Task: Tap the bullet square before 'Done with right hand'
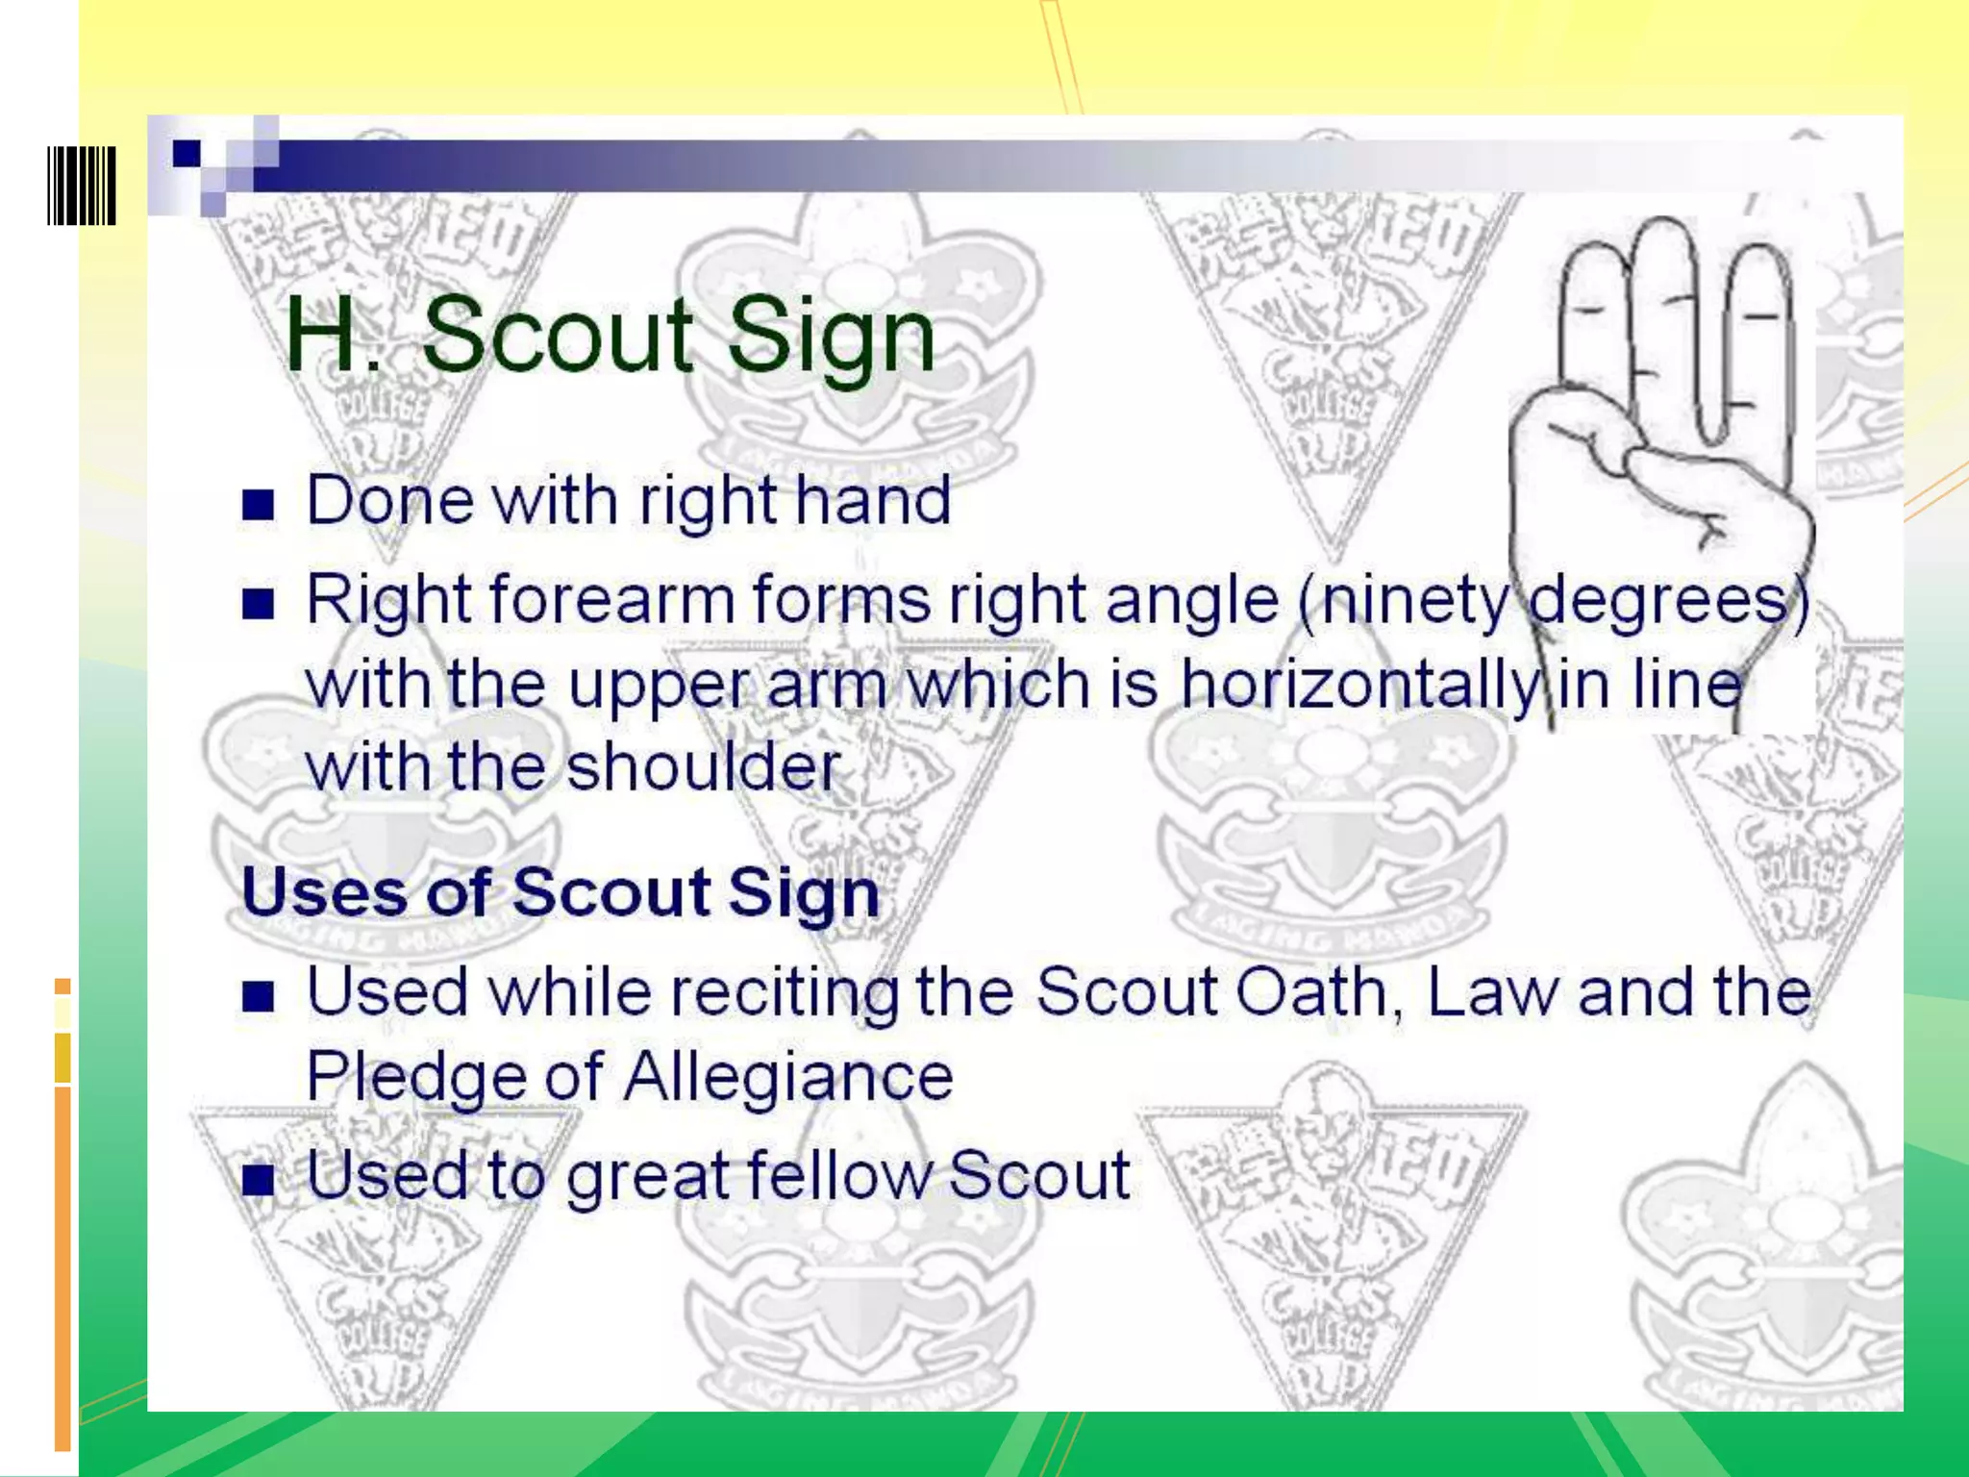coord(258,504)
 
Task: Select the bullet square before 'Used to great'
coord(258,1179)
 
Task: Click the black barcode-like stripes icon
coord(82,186)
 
